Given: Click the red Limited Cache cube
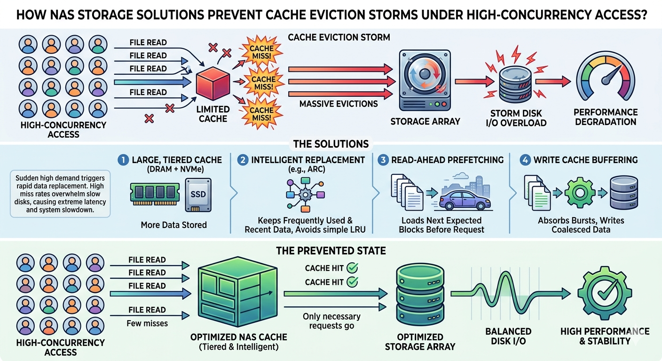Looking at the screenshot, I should pos(213,84).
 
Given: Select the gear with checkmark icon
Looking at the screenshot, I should pos(604,293).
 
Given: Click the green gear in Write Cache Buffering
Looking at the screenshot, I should pos(575,193).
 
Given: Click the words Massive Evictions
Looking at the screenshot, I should pos(339,103).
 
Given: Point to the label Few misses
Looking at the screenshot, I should pos(147,323).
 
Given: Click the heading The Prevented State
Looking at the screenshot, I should pos(331,251).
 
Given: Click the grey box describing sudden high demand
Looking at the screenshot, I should pos(60,194).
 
